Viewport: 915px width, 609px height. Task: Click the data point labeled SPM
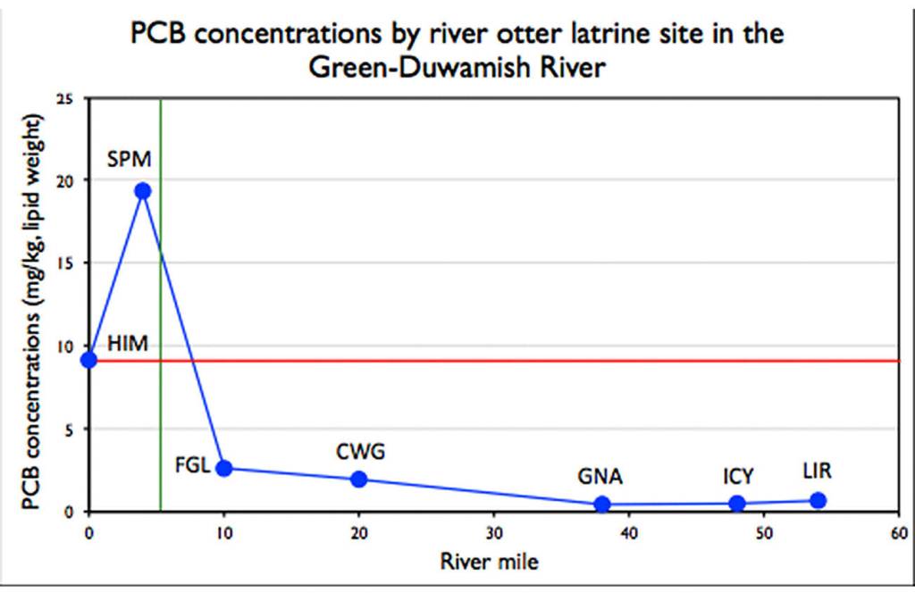142,191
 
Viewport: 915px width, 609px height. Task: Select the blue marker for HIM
88,360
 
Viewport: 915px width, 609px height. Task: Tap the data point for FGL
224,469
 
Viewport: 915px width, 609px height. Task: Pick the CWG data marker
359,479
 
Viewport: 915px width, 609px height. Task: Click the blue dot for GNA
602,505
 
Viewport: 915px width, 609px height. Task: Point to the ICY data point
737,504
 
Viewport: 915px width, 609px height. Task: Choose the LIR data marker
818,500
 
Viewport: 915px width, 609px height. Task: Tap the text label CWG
360,452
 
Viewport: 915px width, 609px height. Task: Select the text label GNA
600,476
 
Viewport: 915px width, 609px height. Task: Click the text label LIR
817,471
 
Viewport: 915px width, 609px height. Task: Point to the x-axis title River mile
489,562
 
